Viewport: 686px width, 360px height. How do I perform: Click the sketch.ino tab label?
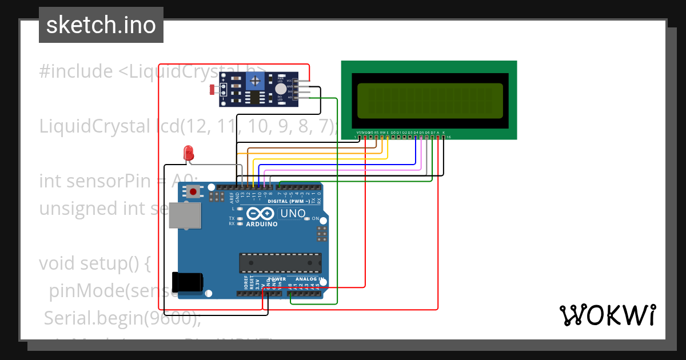pos(101,25)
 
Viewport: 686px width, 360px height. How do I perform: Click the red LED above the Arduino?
pos(188,153)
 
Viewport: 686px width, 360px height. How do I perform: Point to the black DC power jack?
pos(189,282)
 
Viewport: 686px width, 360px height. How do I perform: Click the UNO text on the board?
pos(292,214)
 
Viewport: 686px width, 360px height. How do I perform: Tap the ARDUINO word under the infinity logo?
pos(261,224)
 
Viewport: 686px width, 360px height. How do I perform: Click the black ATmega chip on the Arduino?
pos(280,263)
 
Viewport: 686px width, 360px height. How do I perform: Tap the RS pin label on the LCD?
pos(376,133)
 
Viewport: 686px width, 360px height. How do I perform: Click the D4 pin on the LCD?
pos(416,133)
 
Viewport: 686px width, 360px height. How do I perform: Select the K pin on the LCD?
pos(444,133)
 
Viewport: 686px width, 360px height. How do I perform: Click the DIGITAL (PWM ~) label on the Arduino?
pos(286,201)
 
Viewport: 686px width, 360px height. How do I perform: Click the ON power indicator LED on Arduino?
pos(307,219)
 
